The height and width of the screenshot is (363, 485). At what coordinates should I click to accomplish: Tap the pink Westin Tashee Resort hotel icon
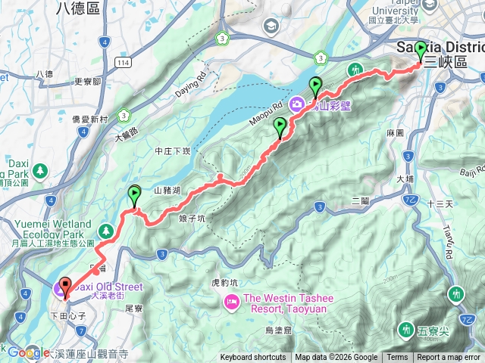click(x=231, y=302)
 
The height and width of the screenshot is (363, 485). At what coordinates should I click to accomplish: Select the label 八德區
click(x=78, y=8)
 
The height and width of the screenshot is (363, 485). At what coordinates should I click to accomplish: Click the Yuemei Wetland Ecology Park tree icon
click(x=106, y=228)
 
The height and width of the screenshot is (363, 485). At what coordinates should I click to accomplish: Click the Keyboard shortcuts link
click(x=253, y=358)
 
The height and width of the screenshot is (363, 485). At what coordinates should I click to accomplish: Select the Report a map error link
click(x=449, y=358)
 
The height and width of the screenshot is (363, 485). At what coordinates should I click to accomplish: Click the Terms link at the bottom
click(x=397, y=358)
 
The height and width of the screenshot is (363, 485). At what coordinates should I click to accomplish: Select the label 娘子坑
click(x=192, y=219)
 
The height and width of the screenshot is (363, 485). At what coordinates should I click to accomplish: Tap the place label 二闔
click(x=360, y=200)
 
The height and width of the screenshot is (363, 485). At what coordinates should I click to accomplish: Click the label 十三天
click(x=440, y=204)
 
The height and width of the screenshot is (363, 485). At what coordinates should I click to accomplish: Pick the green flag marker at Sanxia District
click(x=421, y=51)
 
